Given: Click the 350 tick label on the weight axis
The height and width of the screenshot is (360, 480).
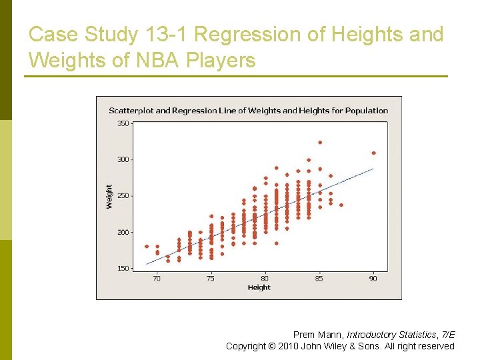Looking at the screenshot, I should (x=123, y=123).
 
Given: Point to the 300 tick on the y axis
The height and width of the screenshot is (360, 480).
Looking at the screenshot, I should (x=123, y=160).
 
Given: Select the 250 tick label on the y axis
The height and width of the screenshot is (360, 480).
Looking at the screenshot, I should (x=123, y=196).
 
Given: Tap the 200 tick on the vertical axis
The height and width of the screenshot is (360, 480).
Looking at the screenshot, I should (x=123, y=232).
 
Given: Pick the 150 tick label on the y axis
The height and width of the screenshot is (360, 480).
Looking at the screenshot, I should (x=123, y=269).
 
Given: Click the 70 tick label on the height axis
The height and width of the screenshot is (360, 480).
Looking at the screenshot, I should (x=157, y=278).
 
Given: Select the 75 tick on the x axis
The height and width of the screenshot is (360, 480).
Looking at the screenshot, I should (x=211, y=278).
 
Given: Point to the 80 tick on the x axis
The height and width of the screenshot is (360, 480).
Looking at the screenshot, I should (x=265, y=278).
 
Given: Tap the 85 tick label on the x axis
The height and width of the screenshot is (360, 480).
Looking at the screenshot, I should (x=319, y=278).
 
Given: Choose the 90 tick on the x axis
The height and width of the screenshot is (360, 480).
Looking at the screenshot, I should (x=373, y=278).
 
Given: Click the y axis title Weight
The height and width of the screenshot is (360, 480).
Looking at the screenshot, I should (x=109, y=197).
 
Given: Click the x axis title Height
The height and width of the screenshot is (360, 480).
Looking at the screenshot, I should (x=259, y=287).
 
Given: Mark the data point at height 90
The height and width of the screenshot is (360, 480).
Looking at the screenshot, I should (x=373, y=153).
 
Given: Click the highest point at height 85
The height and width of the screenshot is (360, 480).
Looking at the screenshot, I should (x=320, y=142).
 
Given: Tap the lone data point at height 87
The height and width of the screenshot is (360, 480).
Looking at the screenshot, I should (x=341, y=205).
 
